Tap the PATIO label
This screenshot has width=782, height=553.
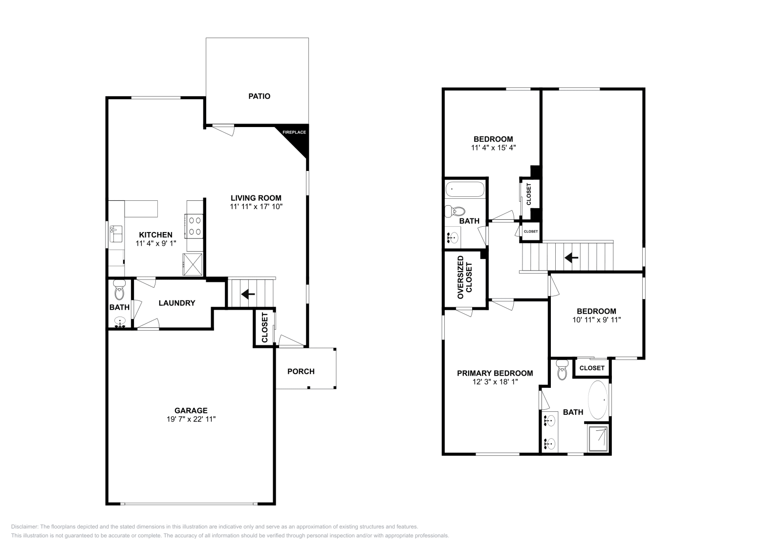click(x=259, y=96)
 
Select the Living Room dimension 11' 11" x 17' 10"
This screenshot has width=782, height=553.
click(x=256, y=207)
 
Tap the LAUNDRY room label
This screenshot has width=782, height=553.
click(x=177, y=303)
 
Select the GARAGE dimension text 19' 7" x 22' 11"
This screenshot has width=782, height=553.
click(x=191, y=419)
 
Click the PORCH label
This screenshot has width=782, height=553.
click(x=301, y=371)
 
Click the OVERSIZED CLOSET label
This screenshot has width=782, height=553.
click(x=465, y=277)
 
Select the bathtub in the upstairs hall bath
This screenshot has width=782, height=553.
click(x=465, y=189)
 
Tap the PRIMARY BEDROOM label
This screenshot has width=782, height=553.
click(x=495, y=373)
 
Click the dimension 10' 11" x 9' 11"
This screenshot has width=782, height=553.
click(x=596, y=320)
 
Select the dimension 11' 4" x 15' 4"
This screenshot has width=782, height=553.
click(x=493, y=147)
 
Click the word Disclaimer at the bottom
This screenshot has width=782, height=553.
click(x=24, y=527)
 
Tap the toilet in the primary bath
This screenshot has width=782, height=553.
click(x=562, y=371)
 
